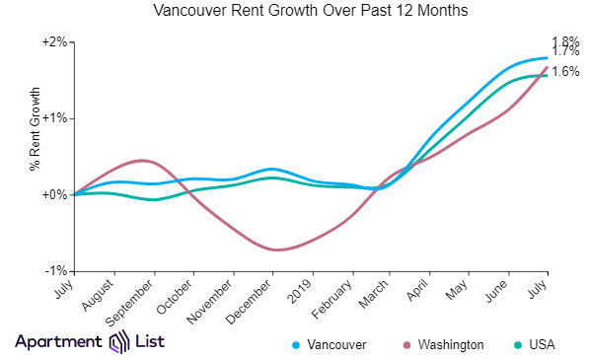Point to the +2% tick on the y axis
tap(55, 42)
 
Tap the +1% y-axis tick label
tap(55, 118)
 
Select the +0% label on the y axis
tap(55, 194)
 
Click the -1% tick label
tap(56, 270)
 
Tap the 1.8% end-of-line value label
tap(565, 41)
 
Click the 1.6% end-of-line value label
tap(565, 71)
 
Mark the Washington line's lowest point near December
tap(278, 250)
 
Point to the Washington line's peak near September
tap(143, 160)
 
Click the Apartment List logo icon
tap(118, 342)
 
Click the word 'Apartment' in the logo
tap(57, 342)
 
